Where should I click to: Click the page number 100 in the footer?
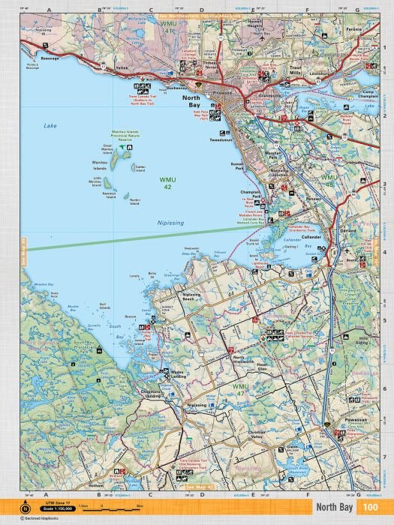point(370,508)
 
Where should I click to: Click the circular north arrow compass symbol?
point(26,508)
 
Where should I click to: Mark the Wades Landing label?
point(183,373)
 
